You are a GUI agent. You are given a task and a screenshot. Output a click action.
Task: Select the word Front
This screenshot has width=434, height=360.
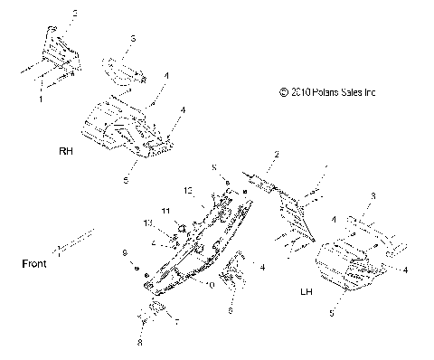(34, 264)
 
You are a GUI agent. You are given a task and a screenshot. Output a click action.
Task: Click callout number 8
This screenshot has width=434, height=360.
(140, 345)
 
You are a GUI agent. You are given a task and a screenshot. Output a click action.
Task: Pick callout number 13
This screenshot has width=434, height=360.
(188, 191)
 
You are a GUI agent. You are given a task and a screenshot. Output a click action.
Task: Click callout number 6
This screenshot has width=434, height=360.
(231, 309)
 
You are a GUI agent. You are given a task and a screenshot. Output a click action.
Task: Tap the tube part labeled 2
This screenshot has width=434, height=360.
(265, 184)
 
